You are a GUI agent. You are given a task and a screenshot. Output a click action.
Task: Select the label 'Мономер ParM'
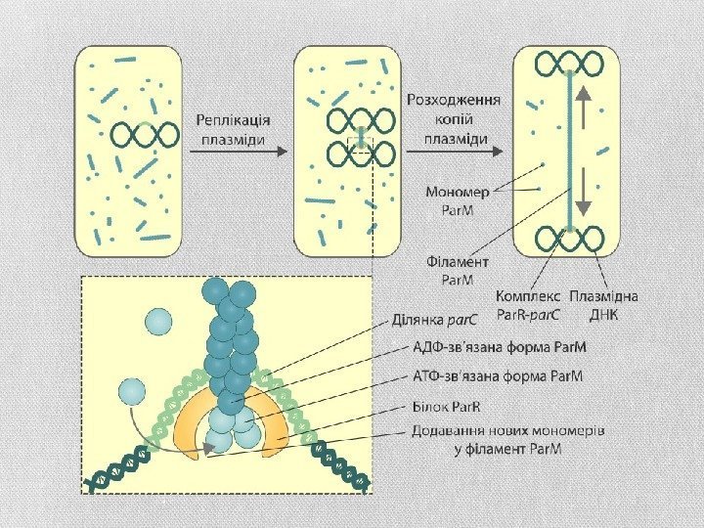[x=451, y=199]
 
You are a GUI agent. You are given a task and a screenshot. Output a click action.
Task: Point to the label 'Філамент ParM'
[x=452, y=270]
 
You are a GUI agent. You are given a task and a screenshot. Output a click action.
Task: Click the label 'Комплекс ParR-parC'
[x=528, y=305]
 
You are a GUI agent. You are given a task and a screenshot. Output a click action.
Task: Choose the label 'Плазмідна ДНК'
[x=603, y=305]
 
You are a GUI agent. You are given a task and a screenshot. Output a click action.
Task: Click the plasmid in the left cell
[x=145, y=134]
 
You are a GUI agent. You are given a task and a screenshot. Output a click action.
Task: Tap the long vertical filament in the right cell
[x=565, y=152]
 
